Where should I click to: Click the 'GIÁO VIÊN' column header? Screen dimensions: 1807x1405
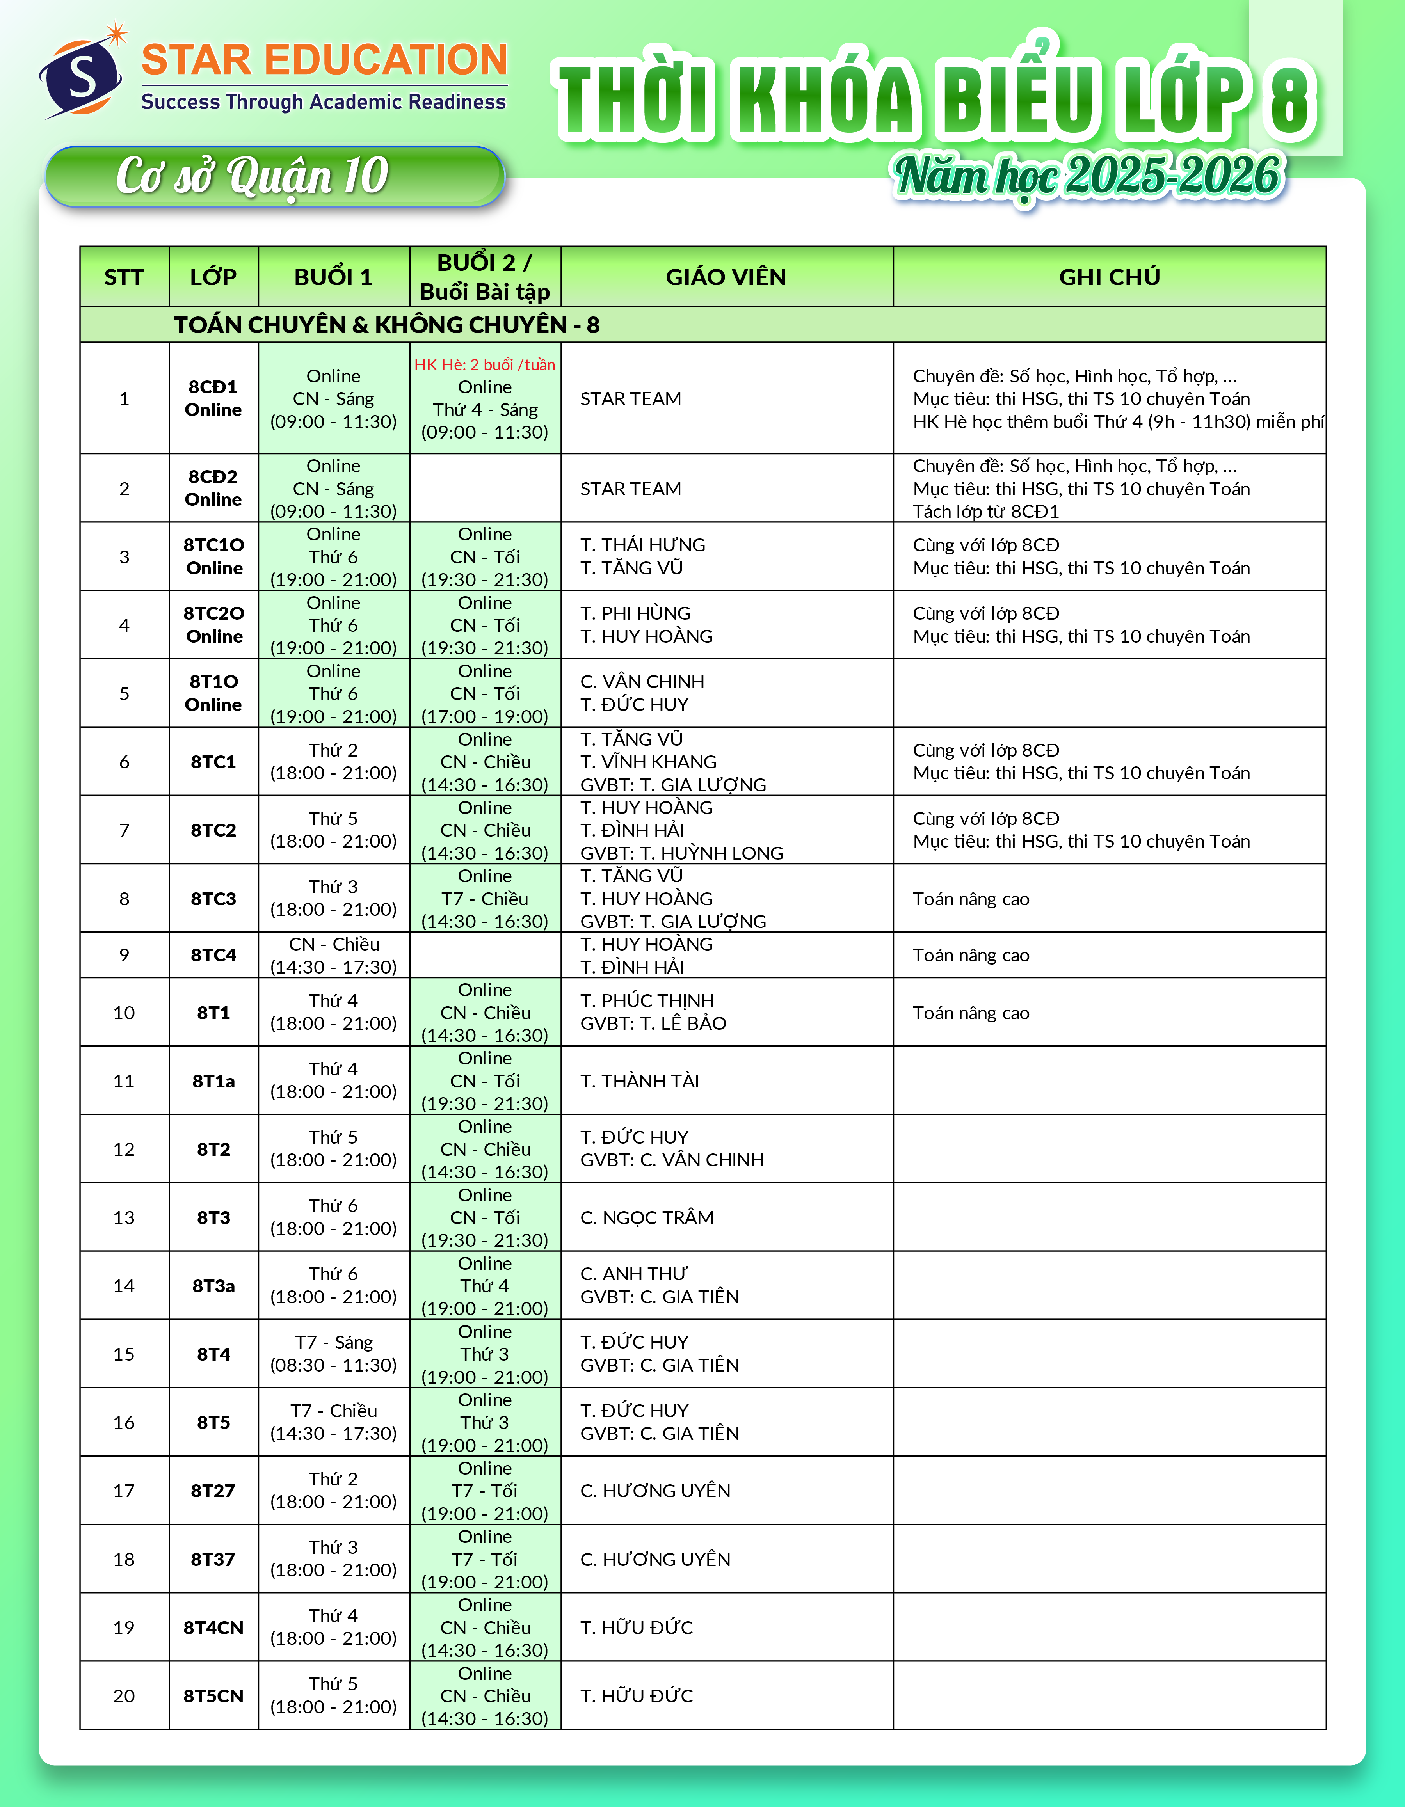[x=726, y=277]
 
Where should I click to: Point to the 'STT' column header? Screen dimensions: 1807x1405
[x=124, y=277]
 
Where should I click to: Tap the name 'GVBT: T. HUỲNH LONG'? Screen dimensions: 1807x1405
[x=681, y=853]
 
